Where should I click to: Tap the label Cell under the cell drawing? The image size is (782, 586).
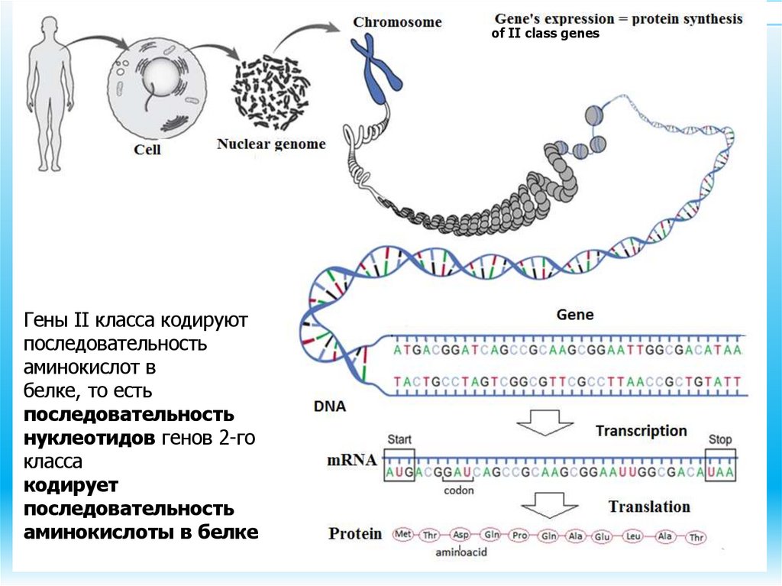tap(147, 150)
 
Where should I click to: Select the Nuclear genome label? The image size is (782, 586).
tap(271, 144)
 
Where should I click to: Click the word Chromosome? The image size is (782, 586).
tap(397, 22)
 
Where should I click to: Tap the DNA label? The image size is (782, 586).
tap(329, 407)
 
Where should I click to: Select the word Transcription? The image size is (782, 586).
tap(641, 431)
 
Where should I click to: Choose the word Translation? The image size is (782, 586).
tap(649, 507)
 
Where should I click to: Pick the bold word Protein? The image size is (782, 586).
tap(355, 533)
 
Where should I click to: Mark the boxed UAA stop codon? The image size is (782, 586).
tap(721, 473)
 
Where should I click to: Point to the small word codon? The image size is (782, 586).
tap(459, 491)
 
